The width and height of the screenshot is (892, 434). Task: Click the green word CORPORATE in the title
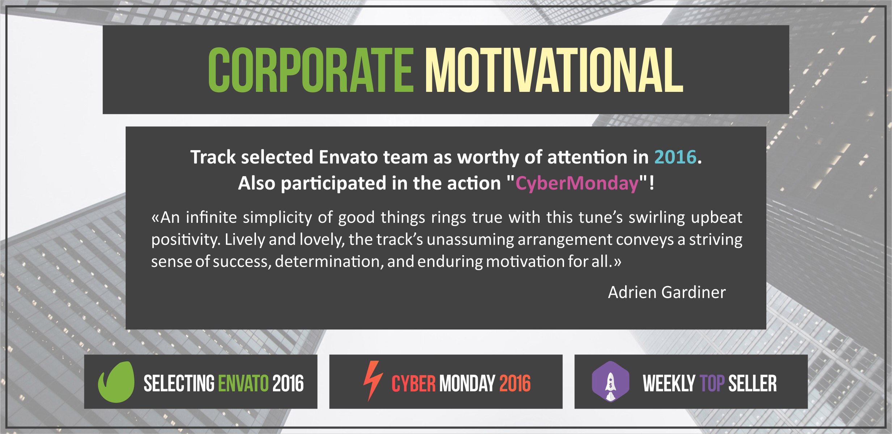(311, 70)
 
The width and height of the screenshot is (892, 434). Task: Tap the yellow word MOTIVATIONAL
(554, 70)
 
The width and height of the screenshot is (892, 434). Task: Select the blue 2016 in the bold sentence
(675, 157)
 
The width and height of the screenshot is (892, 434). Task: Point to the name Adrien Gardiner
(667, 292)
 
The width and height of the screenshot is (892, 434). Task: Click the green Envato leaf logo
(116, 382)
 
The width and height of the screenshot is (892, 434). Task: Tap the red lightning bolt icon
(373, 381)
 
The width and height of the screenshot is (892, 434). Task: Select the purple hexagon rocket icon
(610, 382)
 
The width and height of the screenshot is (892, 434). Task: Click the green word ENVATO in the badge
(243, 383)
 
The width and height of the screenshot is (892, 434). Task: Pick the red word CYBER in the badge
(413, 383)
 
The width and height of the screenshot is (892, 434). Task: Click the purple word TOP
(712, 383)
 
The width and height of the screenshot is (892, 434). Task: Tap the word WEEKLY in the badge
(669, 383)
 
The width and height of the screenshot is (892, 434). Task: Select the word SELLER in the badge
(753, 383)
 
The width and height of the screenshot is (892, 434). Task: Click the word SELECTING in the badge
(179, 383)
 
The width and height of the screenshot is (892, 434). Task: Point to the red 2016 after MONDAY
(515, 383)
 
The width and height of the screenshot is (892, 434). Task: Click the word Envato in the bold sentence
(348, 157)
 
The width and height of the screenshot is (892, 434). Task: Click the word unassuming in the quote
(470, 240)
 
